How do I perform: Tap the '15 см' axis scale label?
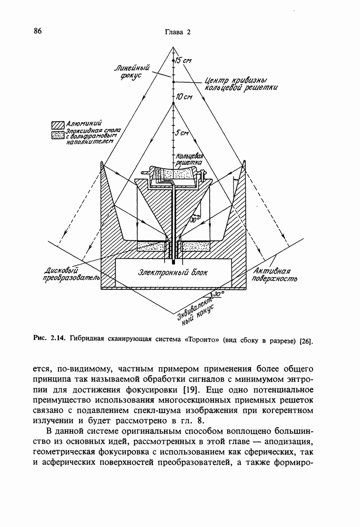[183, 61]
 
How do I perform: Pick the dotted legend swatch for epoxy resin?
[56, 135]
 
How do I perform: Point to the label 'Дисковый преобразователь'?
[63, 274]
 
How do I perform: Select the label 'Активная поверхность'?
[275, 274]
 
